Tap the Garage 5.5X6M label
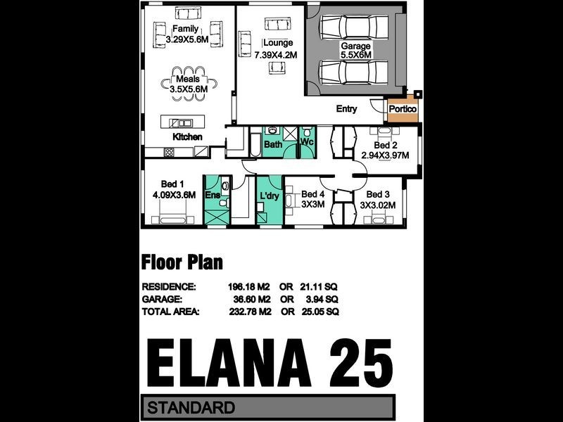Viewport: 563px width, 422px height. coord(355,51)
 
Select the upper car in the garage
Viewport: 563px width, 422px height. coord(354,28)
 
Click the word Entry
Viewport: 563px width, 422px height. coord(347,109)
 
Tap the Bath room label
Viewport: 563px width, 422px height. coord(272,144)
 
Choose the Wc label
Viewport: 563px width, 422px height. coord(307,142)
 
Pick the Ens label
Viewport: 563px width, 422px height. coord(212,195)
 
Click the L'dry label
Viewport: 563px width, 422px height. coord(270,196)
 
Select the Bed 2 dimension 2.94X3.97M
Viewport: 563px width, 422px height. coord(385,155)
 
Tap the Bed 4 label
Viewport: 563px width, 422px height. coord(313,194)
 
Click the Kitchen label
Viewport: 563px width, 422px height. coord(187,136)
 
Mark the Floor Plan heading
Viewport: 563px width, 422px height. coord(182,263)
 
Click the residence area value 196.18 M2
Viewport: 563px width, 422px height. coord(248,287)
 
